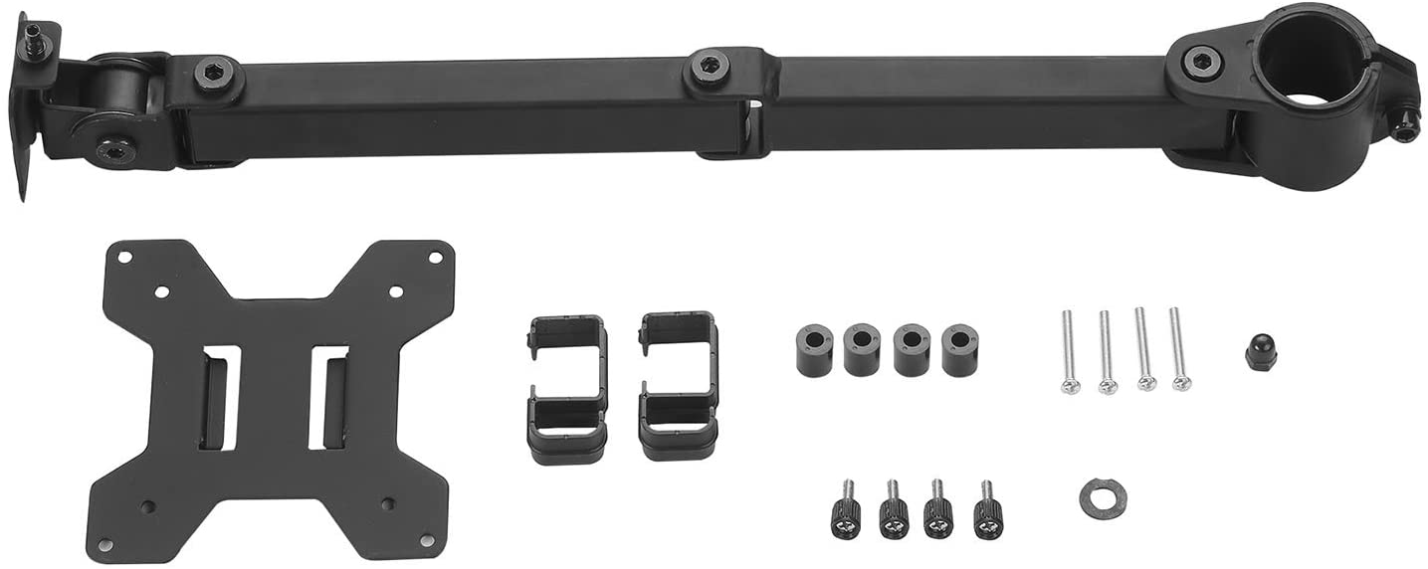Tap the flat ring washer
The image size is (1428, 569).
(1103, 498)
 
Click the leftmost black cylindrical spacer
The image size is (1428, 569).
(814, 349)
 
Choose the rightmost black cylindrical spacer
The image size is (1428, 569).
(959, 350)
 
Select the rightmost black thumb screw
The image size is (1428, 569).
(988, 509)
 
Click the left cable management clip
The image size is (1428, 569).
(566, 388)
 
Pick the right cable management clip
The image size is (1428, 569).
(678, 385)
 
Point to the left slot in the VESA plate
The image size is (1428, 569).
(219, 397)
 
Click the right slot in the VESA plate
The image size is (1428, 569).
(327, 397)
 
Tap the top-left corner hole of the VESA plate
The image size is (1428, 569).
(124, 257)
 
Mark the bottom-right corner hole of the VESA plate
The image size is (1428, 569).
(427, 540)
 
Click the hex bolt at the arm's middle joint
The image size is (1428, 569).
(710, 67)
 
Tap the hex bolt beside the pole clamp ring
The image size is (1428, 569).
(1201, 62)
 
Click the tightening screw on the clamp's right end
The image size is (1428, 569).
(1405, 126)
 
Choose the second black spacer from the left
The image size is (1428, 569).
(862, 349)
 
